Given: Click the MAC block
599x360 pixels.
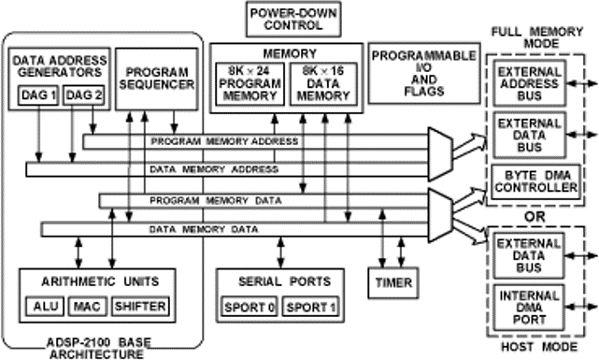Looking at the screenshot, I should coord(86,306).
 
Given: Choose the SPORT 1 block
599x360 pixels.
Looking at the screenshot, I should coord(310,306).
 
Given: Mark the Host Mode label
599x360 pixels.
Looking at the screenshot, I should coord(534,348).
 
